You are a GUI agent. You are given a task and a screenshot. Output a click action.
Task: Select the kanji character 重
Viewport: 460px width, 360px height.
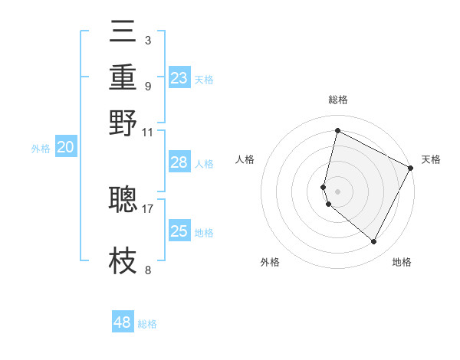click(123, 78)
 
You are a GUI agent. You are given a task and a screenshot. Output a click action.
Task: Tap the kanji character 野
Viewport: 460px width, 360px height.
click(123, 123)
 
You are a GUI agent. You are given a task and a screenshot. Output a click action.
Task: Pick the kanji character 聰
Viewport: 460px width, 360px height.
click(123, 199)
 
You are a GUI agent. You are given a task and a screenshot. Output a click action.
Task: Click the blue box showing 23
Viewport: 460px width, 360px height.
click(179, 78)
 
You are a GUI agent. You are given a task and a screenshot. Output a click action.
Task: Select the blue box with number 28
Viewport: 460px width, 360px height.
click(179, 162)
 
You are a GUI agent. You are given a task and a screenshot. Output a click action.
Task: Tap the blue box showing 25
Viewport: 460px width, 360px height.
click(179, 231)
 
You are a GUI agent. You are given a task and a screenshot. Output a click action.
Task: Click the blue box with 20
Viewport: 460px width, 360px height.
click(65, 148)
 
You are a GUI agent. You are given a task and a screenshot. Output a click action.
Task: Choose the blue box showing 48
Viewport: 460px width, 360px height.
click(123, 322)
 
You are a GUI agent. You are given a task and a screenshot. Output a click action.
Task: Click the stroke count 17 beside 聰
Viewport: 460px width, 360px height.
click(148, 208)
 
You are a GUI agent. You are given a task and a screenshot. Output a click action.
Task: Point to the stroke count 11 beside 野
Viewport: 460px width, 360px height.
click(148, 131)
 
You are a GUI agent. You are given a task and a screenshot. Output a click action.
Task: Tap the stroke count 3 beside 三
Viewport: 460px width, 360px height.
click(148, 40)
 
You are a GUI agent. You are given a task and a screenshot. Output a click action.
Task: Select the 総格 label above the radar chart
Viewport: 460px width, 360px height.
click(338, 100)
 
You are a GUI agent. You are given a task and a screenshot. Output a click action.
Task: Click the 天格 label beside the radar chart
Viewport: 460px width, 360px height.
click(431, 159)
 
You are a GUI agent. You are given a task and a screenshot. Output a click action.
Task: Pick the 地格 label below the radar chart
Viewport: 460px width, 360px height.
click(402, 262)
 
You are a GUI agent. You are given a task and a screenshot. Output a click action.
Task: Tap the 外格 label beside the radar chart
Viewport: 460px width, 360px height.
click(270, 262)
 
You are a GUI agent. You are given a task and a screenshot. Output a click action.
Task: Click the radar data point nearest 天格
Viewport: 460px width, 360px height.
click(411, 168)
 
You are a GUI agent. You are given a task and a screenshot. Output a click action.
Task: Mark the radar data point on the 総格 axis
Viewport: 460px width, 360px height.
click(337, 131)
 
